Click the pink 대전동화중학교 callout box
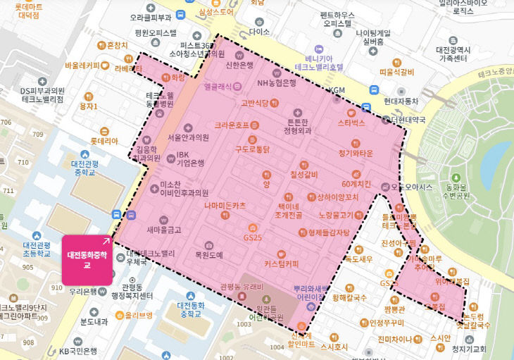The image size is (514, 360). point(87,260)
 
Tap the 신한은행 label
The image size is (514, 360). point(239,66)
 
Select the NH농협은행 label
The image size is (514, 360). point(277,82)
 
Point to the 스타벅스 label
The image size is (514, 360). point(351,123)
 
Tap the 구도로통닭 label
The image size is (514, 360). point(252,149)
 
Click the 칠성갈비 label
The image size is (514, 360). point(304,174)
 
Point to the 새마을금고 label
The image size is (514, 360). point(164,230)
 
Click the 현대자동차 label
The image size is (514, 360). point(401,100)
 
